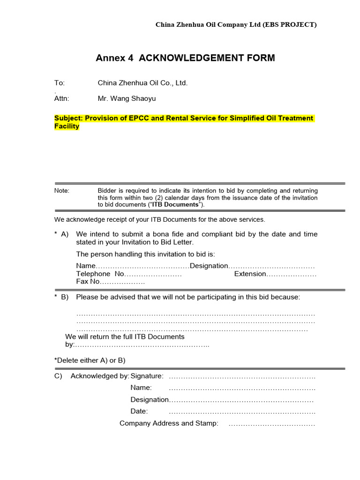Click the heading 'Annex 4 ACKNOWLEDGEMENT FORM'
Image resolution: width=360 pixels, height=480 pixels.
coord(185,58)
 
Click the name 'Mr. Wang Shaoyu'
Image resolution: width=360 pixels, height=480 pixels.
coord(127,98)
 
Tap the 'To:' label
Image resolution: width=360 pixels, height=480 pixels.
coord(60,83)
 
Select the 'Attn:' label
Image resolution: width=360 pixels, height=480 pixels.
coord(62,98)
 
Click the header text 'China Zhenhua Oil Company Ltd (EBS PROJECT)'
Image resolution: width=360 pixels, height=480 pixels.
coord(236,25)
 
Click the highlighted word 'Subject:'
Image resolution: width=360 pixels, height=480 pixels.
coord(68,118)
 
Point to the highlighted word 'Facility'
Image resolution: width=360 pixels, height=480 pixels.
coord(67,127)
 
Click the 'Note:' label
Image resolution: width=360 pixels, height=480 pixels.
coord(62,191)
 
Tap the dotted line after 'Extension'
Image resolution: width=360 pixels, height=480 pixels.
coord(292,274)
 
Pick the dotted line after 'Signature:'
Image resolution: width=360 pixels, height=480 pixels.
coord(242,376)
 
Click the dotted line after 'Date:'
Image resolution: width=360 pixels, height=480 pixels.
coord(242,411)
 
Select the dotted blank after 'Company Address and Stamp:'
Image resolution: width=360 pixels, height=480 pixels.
coord(271,423)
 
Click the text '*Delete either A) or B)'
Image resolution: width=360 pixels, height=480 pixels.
coord(90,360)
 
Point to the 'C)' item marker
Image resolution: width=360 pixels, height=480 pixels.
coord(59,376)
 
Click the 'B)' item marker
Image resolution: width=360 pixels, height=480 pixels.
coord(64,297)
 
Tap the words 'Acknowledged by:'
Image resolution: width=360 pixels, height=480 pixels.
coord(100,376)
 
